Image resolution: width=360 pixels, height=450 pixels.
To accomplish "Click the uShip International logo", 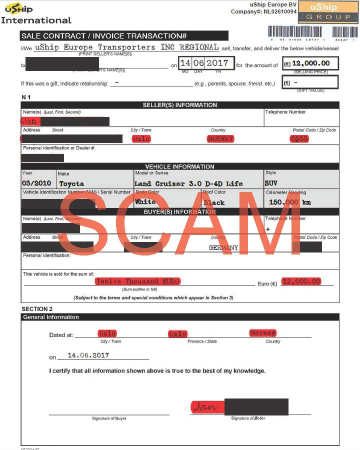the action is click(x=36, y=13).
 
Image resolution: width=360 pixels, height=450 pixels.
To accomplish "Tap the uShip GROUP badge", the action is click(x=328, y=12).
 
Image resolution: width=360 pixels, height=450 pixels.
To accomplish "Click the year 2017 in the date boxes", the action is click(x=217, y=63).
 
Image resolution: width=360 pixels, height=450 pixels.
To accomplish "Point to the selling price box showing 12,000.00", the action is click(x=310, y=63).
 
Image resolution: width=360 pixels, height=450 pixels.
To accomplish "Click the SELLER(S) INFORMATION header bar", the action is click(x=180, y=105).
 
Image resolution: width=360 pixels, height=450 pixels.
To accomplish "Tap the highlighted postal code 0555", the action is click(x=299, y=138).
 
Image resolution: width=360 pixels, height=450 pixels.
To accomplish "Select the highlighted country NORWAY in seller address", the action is click(x=220, y=138).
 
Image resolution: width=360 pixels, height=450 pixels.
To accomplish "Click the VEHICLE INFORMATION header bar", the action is click(x=180, y=166).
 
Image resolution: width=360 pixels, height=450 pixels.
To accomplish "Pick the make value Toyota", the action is click(x=71, y=183).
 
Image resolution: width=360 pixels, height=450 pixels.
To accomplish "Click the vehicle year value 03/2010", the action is click(x=37, y=183).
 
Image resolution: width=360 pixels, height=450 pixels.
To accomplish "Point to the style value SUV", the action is click(x=271, y=183).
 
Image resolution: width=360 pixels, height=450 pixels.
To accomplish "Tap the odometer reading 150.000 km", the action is click(x=289, y=202).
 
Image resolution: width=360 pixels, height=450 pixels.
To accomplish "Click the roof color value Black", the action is click(x=214, y=202).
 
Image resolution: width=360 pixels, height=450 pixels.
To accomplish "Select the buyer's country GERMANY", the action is click(x=223, y=247).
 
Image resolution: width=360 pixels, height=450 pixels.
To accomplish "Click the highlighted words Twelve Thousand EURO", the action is click(x=137, y=281).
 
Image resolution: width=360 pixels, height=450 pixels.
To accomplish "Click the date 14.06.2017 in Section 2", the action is click(x=88, y=355).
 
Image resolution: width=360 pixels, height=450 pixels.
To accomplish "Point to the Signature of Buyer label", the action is click(x=109, y=418).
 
